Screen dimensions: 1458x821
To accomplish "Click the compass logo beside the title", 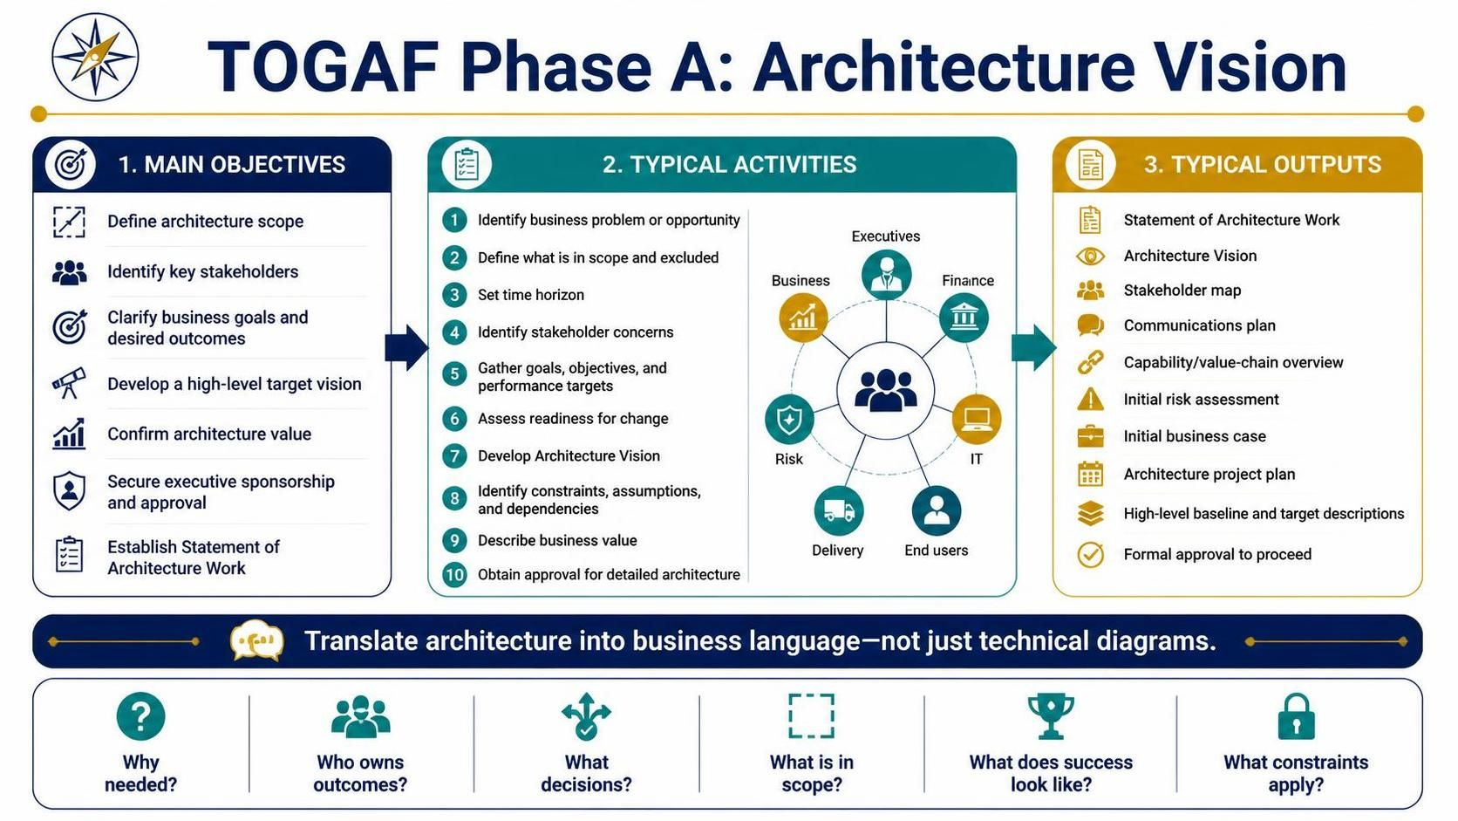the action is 95,58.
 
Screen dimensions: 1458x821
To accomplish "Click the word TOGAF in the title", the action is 324,66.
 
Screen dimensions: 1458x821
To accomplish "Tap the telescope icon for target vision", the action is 69,383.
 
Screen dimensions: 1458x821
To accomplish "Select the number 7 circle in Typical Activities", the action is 454,455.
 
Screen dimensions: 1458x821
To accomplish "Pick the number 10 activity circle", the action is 454,574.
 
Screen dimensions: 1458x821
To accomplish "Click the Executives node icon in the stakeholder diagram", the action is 886,275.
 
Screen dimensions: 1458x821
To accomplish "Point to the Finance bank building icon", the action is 964,318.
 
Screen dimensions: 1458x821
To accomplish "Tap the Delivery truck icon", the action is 838,510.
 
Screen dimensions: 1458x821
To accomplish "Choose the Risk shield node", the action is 789,420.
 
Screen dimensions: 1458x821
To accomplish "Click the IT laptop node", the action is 976,420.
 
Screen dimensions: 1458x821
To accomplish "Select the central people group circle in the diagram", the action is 885,391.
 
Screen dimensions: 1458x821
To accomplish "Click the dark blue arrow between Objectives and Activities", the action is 406,347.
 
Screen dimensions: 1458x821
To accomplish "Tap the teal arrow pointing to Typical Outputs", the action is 1033,347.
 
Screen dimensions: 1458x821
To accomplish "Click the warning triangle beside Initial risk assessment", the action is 1090,399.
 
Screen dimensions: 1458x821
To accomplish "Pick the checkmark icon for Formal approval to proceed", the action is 1090,555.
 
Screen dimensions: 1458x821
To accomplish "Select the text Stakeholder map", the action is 1182,291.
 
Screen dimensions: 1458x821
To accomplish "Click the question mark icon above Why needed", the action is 140,716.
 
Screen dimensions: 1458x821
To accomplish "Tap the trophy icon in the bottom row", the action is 1051,715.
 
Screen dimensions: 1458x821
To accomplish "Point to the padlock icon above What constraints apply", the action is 1296,716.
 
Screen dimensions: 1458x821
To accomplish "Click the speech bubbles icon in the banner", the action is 257,640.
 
